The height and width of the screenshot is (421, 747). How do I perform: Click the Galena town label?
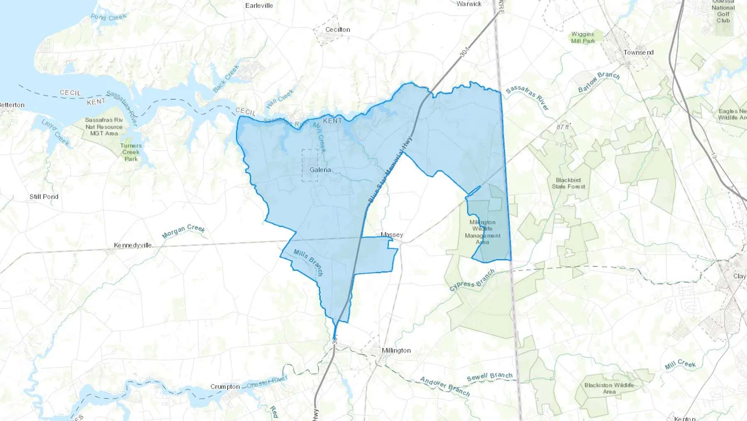click(x=320, y=170)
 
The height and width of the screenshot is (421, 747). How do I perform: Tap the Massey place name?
click(x=392, y=235)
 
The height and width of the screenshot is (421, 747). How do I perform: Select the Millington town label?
click(x=396, y=350)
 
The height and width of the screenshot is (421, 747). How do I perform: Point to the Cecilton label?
click(x=337, y=30)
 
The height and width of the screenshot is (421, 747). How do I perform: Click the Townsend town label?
click(x=638, y=52)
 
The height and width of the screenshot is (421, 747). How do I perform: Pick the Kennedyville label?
click(x=133, y=245)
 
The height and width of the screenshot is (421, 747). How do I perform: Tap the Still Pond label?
click(x=44, y=197)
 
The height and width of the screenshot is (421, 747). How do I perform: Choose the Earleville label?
click(x=259, y=5)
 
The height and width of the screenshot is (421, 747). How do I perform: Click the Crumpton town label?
click(x=225, y=387)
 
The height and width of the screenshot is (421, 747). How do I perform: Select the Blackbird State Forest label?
click(x=568, y=183)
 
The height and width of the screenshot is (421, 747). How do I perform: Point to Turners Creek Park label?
click(x=131, y=152)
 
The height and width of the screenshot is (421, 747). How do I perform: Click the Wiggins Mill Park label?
click(x=583, y=37)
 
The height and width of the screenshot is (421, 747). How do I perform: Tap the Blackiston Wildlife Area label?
click(x=609, y=388)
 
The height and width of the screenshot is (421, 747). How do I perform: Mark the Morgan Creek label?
click(x=183, y=231)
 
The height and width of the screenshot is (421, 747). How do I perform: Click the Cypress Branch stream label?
click(x=472, y=280)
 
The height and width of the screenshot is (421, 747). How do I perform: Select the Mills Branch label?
click(x=308, y=262)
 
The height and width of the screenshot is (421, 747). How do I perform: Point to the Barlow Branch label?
click(x=599, y=81)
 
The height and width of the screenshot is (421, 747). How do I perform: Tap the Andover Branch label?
click(x=445, y=387)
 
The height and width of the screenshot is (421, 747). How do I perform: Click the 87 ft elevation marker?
click(x=563, y=127)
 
